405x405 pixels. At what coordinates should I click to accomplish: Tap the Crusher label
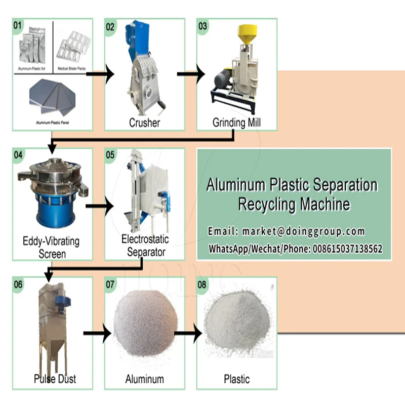(x=144, y=123)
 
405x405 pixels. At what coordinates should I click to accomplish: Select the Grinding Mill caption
(x=237, y=123)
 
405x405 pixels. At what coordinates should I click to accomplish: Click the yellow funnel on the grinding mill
(x=247, y=32)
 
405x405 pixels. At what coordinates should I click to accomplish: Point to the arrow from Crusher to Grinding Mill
(x=191, y=74)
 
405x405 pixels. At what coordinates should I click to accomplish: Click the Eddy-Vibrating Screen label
(x=52, y=247)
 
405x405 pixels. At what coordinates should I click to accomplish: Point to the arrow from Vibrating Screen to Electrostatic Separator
(x=99, y=206)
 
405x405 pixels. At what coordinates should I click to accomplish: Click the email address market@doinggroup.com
(x=303, y=231)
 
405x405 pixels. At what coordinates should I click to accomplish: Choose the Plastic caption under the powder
(x=236, y=379)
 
